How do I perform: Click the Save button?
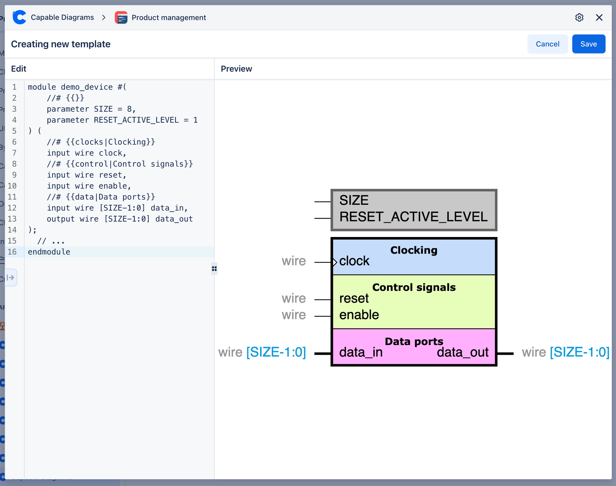pyautogui.click(x=588, y=44)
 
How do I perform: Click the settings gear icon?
pyautogui.click(x=579, y=17)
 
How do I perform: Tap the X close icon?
pyautogui.click(x=599, y=17)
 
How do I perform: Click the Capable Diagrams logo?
pyautogui.click(x=20, y=17)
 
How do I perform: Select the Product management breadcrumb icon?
pyautogui.click(x=121, y=17)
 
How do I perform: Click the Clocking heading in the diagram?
pyautogui.click(x=414, y=250)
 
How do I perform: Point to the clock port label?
pyautogui.click(x=354, y=261)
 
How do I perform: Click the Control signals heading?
pyautogui.click(x=414, y=288)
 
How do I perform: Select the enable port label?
pyautogui.click(x=359, y=315)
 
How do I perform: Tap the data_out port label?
pyautogui.click(x=462, y=352)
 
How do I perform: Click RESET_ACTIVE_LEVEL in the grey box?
pyautogui.click(x=413, y=217)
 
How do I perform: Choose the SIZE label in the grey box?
pyautogui.click(x=354, y=200)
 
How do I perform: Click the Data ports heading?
pyautogui.click(x=414, y=342)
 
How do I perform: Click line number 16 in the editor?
pyautogui.click(x=12, y=252)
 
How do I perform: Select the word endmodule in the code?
pyautogui.click(x=49, y=252)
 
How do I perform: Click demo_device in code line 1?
pyautogui.click(x=87, y=87)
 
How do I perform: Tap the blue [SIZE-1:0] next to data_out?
pyautogui.click(x=579, y=352)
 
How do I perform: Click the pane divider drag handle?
pyautogui.click(x=214, y=269)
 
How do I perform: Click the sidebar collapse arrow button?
pyautogui.click(x=11, y=277)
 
